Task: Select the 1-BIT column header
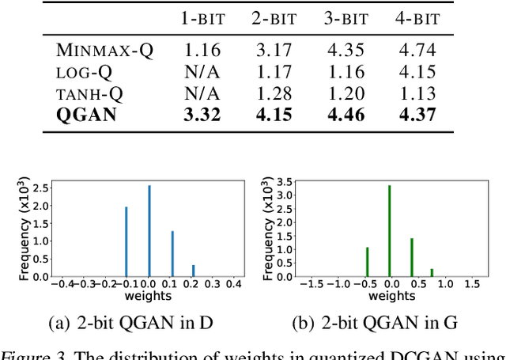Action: coord(202,18)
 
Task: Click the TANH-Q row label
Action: coord(94,93)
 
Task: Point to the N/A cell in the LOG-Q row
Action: coord(202,72)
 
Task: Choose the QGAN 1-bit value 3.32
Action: coord(202,114)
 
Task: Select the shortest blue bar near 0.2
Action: coord(194,271)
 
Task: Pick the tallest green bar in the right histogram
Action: coord(389,231)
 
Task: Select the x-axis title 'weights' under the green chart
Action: coord(389,296)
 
